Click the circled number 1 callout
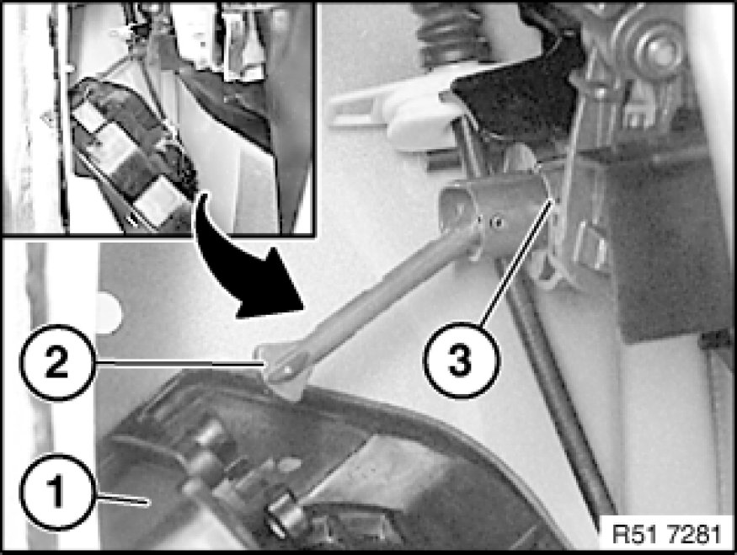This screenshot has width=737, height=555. [x=57, y=491]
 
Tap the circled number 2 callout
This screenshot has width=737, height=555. [x=57, y=363]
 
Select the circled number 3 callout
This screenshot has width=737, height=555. [x=461, y=360]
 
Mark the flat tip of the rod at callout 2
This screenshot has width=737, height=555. [x=282, y=372]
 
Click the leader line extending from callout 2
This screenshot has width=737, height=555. [x=179, y=363]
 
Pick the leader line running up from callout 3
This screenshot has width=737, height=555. [x=516, y=261]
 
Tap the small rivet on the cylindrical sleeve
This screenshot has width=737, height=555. [x=497, y=221]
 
